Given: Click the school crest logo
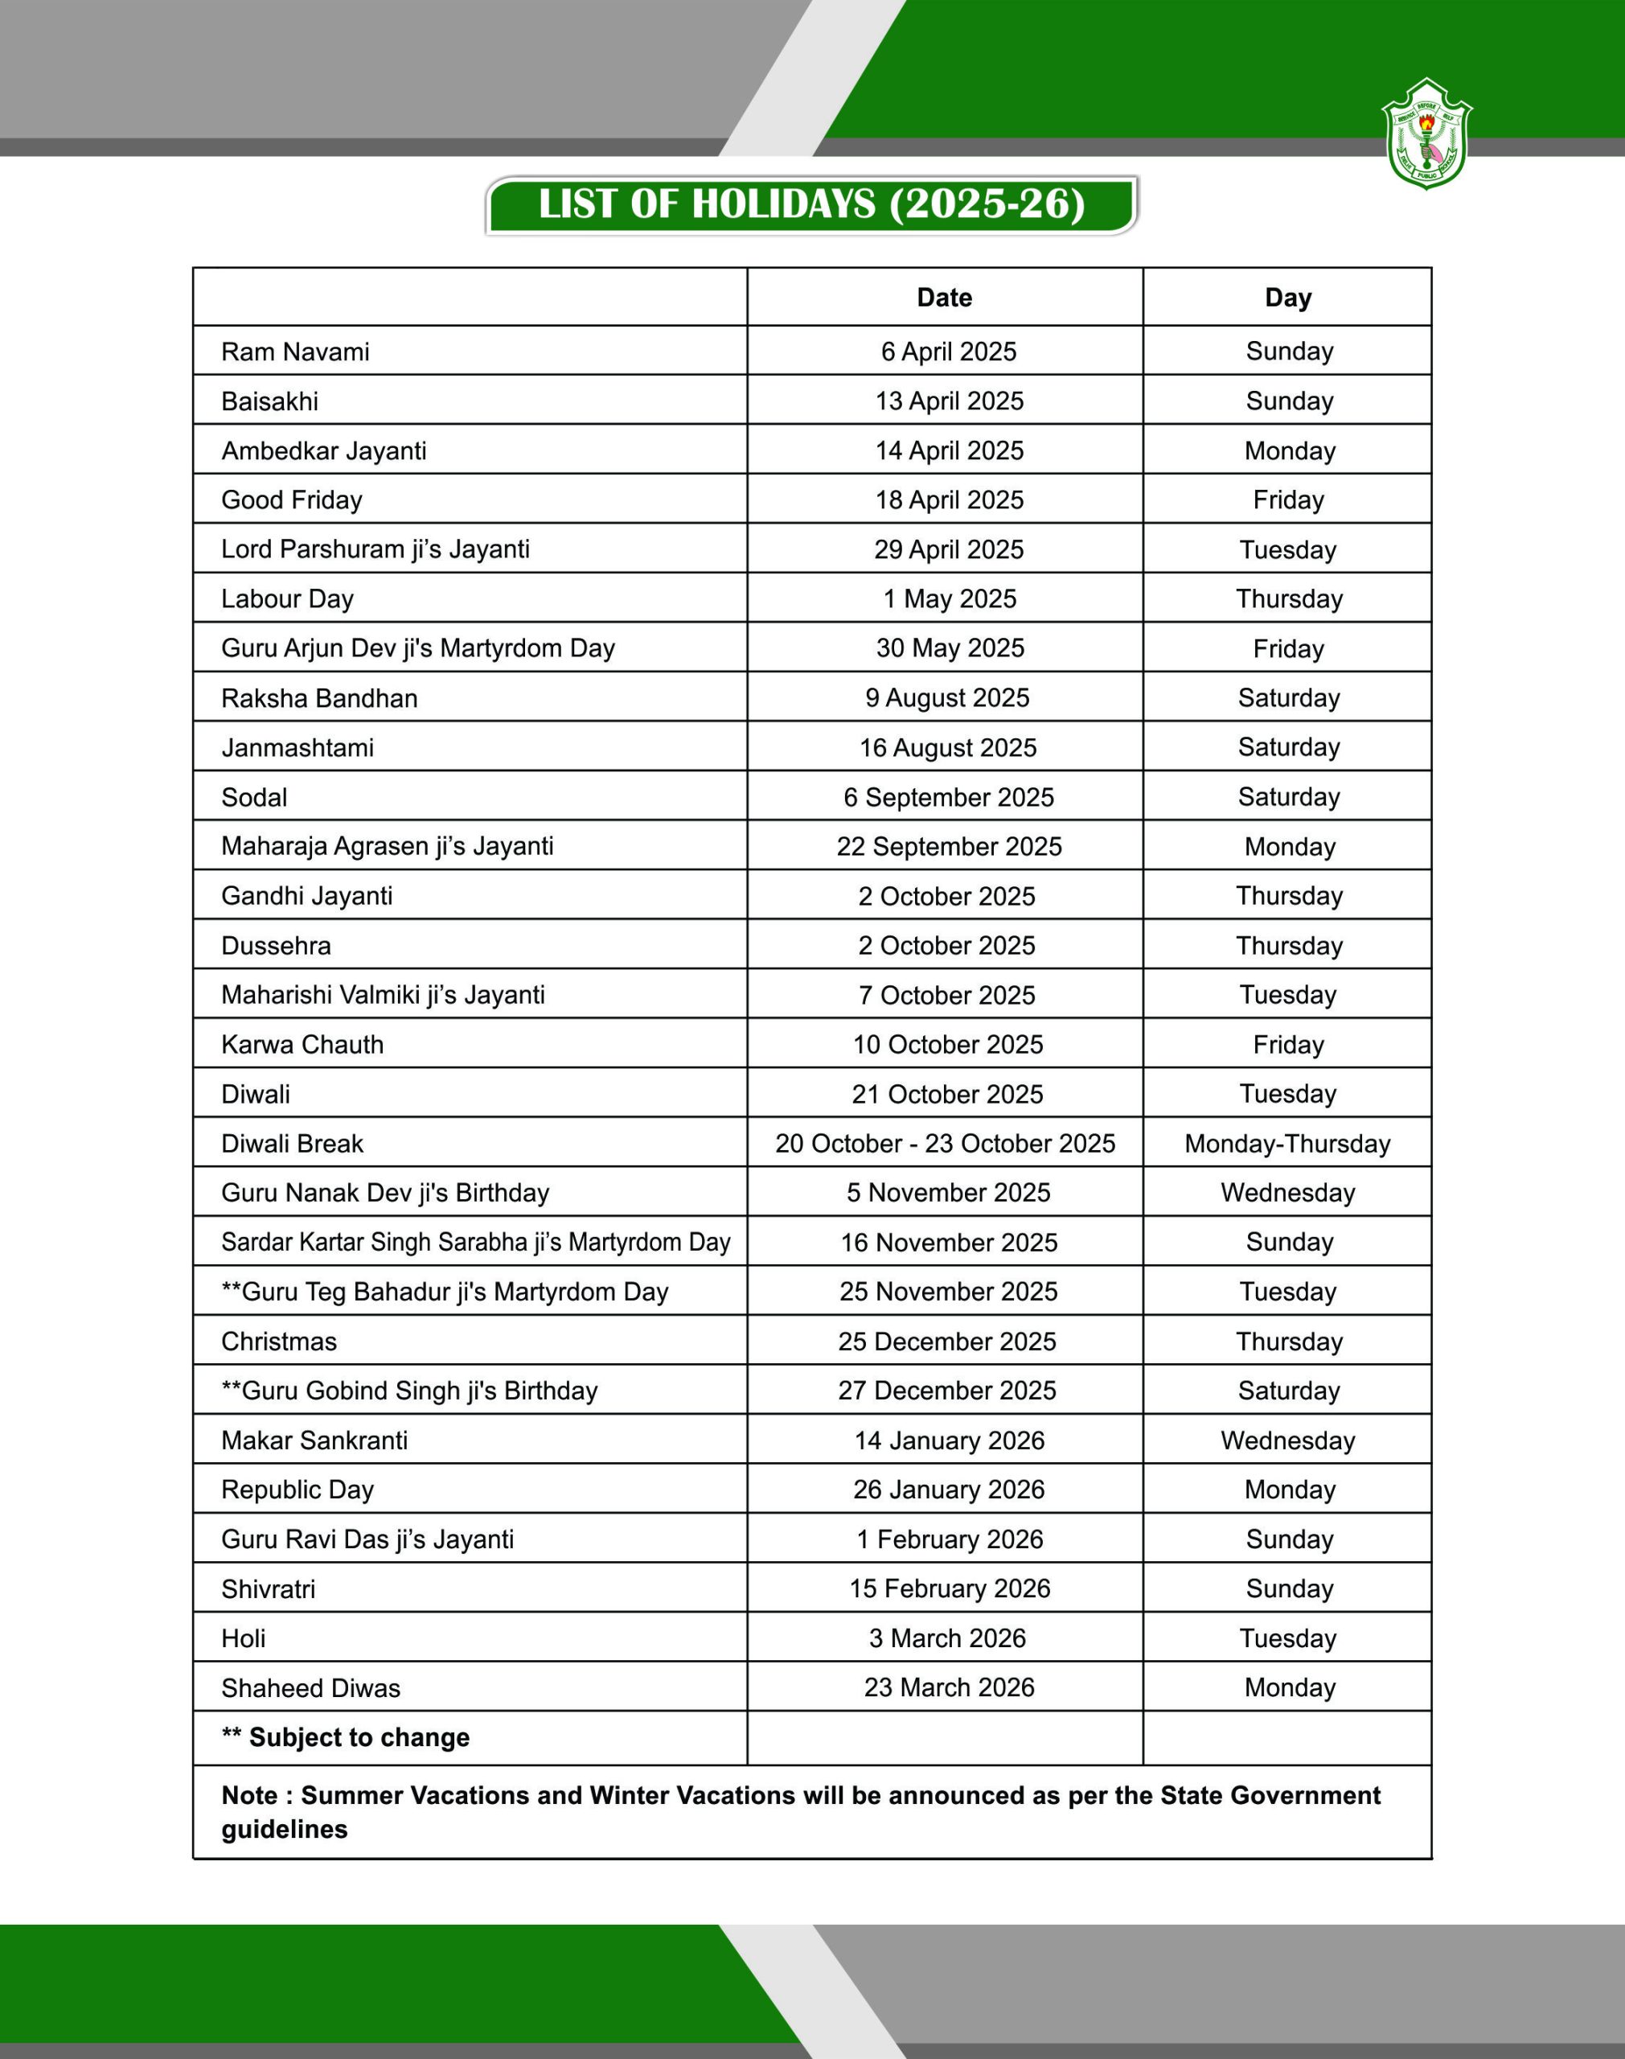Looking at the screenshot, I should pos(1426,134).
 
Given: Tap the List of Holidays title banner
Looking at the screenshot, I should pos(811,204).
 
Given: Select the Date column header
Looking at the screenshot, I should pos(944,298).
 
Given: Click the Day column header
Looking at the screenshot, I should pos(1287,298).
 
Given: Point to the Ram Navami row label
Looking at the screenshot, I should pos(295,352).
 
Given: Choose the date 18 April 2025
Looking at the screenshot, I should pos(950,500).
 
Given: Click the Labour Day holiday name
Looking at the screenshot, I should pos(287,599).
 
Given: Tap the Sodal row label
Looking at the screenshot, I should pos(254,797).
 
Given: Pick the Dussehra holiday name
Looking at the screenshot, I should pos(276,946).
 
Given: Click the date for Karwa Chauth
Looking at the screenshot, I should pos(948,1045).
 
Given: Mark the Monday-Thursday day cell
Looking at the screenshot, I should pos(1287,1144).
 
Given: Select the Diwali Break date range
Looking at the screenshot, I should pos(945,1144).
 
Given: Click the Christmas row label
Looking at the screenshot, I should pos(279,1342).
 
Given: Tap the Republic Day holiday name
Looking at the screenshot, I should pos(297,1490).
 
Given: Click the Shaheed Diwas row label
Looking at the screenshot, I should pos(310,1688).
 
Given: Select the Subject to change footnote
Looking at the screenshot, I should pos(346,1737).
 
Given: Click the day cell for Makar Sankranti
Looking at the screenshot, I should pos(1287,1440).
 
